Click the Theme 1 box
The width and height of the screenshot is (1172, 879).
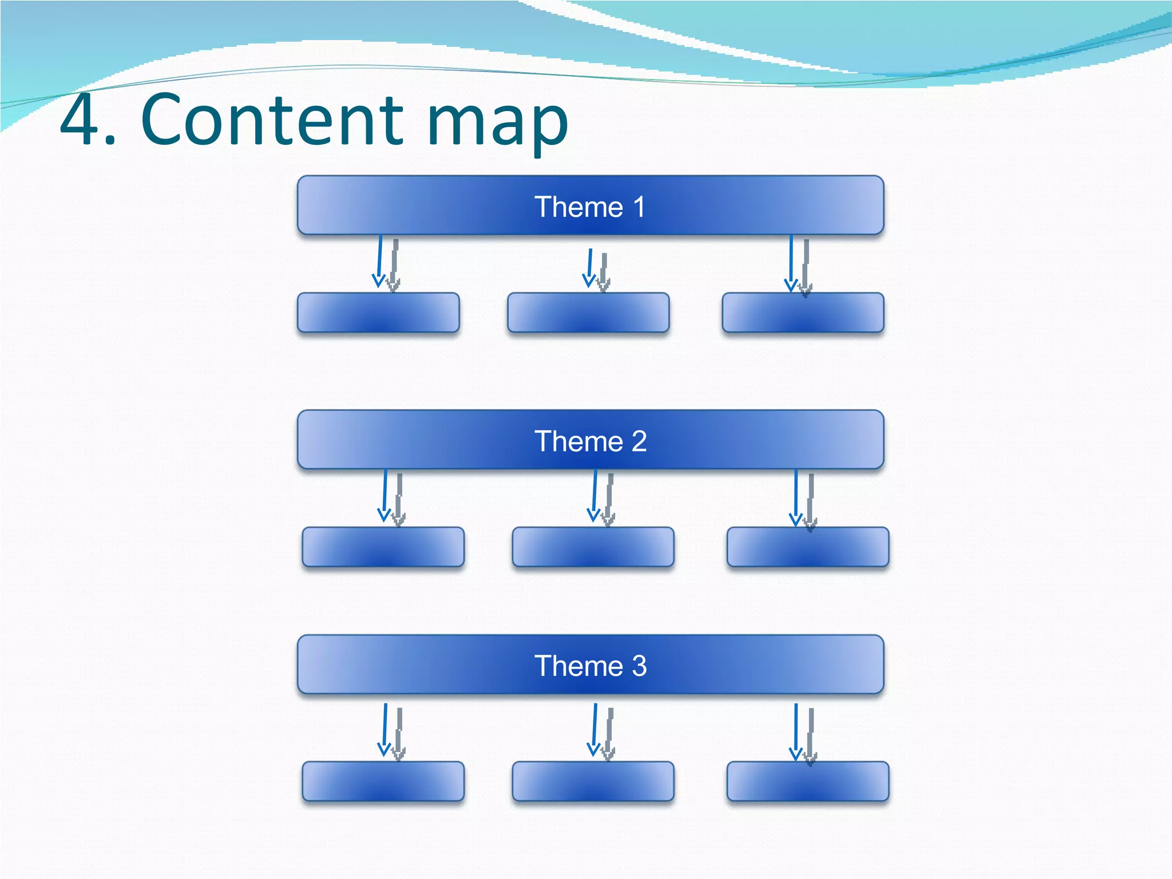tap(590, 206)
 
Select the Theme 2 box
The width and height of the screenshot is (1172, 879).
tap(590, 440)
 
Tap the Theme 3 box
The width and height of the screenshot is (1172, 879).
tap(590, 665)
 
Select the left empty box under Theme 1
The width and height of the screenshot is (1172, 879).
tap(378, 312)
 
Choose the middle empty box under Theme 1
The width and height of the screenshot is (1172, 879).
tap(588, 312)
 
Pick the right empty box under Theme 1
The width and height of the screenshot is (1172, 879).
tap(802, 312)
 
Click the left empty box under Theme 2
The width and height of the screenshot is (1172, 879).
tap(383, 547)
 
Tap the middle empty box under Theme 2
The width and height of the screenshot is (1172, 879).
tap(593, 547)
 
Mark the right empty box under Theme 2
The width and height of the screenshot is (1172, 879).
tap(807, 547)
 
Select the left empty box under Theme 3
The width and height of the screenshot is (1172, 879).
tap(383, 781)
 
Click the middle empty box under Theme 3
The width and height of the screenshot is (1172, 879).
tap(593, 781)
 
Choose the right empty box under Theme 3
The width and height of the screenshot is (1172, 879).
tap(807, 781)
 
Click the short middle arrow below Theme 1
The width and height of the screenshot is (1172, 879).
tap(590, 268)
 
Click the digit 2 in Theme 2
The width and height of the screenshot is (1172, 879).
tap(639, 441)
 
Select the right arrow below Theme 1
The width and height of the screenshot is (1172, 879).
tap(791, 263)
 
